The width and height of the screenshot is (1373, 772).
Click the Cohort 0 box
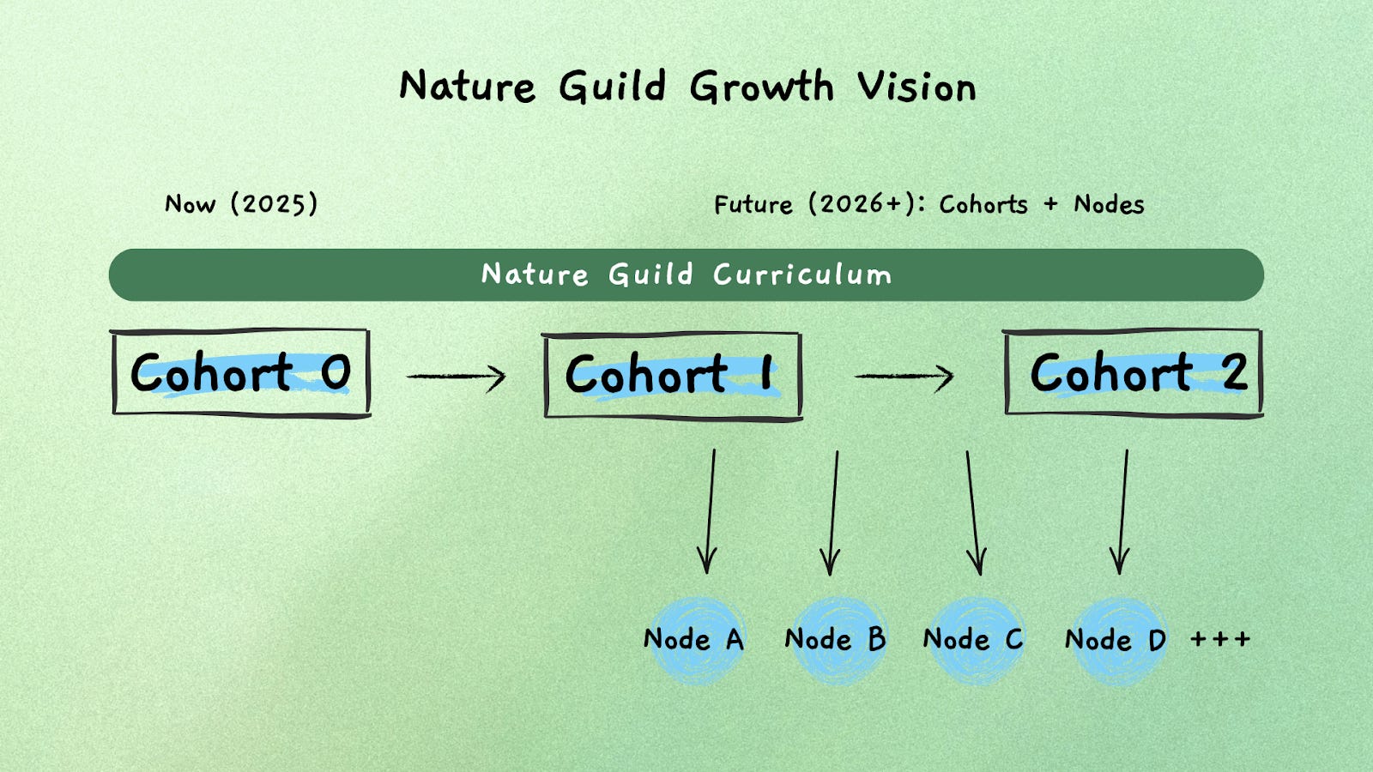click(241, 372)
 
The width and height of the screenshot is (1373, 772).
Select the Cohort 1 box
click(673, 376)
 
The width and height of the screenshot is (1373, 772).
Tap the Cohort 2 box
click(1133, 372)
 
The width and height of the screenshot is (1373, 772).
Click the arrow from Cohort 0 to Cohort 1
click(456, 376)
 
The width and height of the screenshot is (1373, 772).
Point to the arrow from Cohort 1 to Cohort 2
click(904, 376)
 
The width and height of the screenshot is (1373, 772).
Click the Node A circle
click(695, 640)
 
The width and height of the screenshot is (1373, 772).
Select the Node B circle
click(836, 640)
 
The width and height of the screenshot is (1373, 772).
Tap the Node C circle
click(974, 640)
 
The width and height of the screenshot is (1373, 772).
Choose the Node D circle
click(1116, 640)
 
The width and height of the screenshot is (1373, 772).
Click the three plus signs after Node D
click(1220, 639)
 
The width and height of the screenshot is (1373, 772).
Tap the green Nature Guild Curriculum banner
click(257, 274)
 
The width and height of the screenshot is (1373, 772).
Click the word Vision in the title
click(916, 87)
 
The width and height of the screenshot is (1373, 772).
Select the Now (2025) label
click(241, 204)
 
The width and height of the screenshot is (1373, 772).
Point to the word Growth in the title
click(761, 87)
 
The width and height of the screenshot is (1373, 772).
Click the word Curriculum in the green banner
click(802, 274)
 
